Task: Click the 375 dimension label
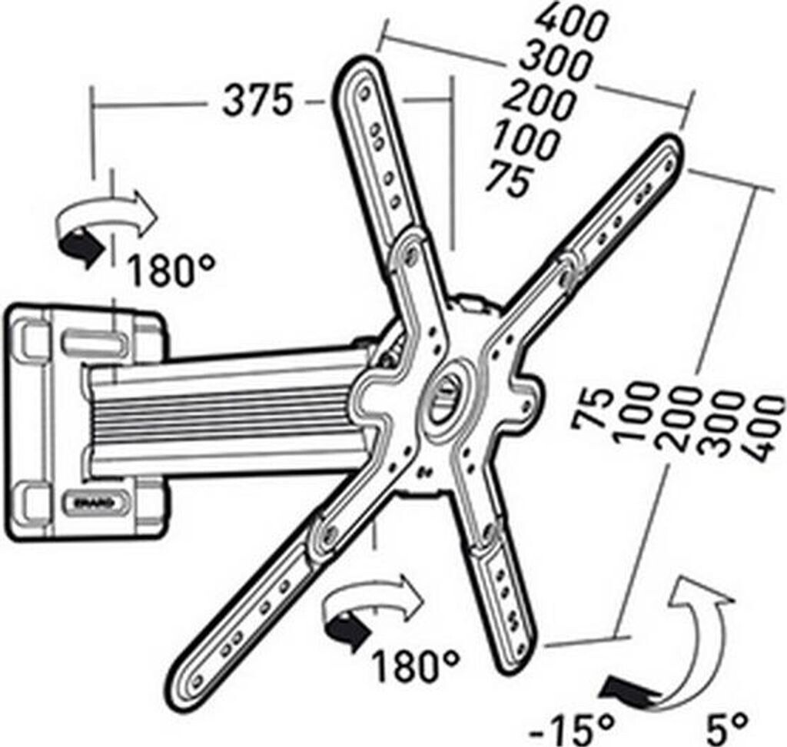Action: click(258, 101)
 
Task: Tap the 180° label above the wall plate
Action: click(171, 271)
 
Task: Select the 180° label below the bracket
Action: click(416, 665)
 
